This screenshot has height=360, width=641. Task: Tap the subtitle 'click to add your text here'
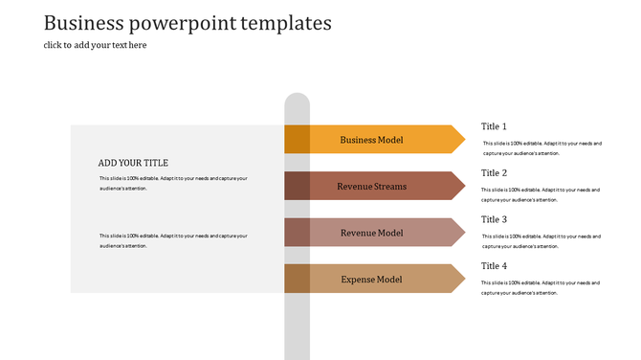pyautogui.click(x=95, y=45)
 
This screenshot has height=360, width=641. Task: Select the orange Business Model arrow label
pyautogui.click(x=371, y=140)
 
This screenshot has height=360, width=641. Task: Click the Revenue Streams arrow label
pyautogui.click(x=371, y=187)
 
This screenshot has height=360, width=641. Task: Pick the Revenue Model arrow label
pyautogui.click(x=371, y=233)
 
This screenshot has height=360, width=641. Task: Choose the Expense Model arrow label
pyautogui.click(x=371, y=280)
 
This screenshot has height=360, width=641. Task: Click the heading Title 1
pyautogui.click(x=494, y=126)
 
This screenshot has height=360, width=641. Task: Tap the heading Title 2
pyautogui.click(x=494, y=173)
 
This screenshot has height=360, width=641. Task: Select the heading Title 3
pyautogui.click(x=494, y=219)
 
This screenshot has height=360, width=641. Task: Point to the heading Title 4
pyautogui.click(x=494, y=266)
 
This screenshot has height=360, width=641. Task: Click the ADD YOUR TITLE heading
pyautogui.click(x=133, y=163)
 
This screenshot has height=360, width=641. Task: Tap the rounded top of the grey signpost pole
pyautogui.click(x=297, y=100)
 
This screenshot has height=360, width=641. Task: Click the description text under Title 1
pyautogui.click(x=542, y=148)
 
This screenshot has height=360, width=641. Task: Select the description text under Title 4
pyautogui.click(x=542, y=288)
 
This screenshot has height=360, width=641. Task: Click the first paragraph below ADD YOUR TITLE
pyautogui.click(x=172, y=183)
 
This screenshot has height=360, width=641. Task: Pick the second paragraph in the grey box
pyautogui.click(x=172, y=240)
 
